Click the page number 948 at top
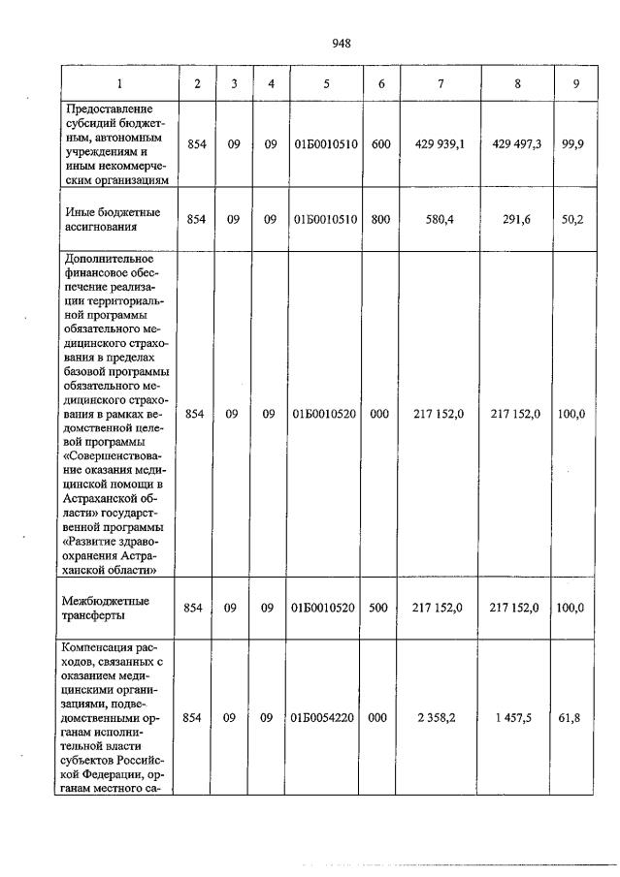click(341, 43)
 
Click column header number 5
click(325, 84)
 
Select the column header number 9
click(576, 84)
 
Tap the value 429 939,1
click(441, 144)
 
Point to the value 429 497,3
click(516, 144)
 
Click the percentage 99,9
click(576, 144)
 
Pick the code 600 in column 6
click(380, 144)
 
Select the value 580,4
click(441, 220)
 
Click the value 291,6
click(516, 220)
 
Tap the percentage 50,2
click(576, 220)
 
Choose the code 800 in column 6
click(380, 220)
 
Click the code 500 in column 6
click(380, 608)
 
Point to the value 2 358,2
click(441, 718)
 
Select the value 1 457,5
click(516, 718)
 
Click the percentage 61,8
click(576, 718)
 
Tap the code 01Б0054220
click(325, 718)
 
